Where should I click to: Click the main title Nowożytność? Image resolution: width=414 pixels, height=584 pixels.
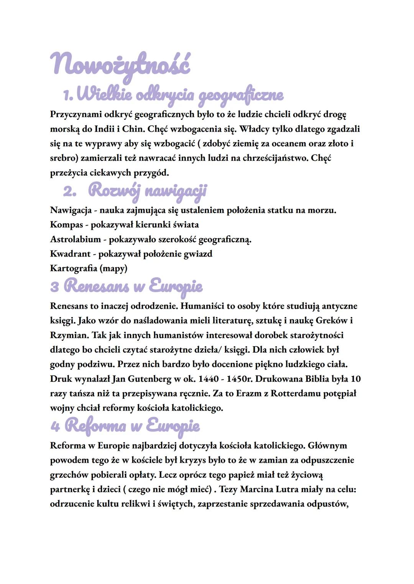click(120, 65)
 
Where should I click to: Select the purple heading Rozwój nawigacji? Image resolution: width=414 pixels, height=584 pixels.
click(147, 191)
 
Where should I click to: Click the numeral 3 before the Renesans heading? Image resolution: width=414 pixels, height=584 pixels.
click(54, 286)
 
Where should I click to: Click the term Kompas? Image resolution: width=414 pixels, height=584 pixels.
click(66, 224)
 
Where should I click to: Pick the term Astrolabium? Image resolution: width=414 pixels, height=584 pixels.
click(75, 239)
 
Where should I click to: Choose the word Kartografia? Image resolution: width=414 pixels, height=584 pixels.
click(74, 268)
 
